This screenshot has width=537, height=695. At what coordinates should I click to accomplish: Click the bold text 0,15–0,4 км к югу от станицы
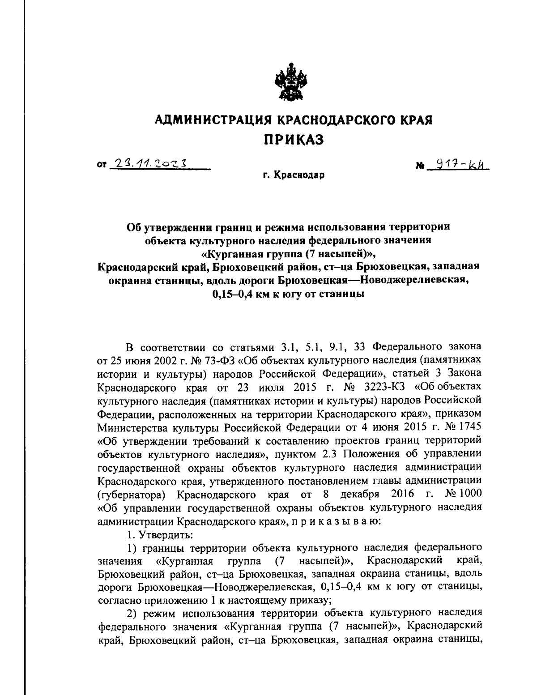pos(289,294)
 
